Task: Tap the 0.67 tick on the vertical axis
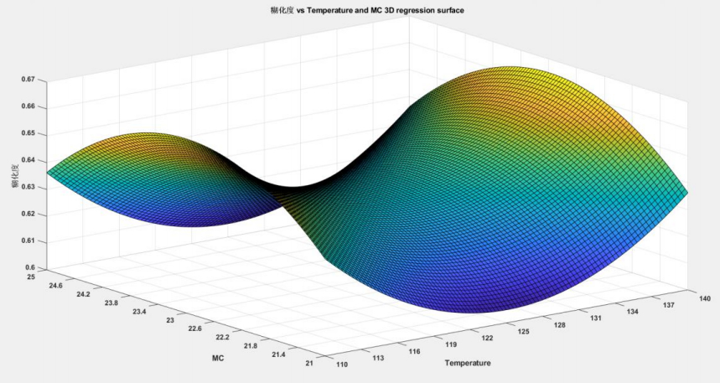(x=28, y=80)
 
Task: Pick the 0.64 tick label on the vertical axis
(x=28, y=160)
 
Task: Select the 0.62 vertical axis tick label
(x=28, y=214)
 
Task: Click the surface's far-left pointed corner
(x=48, y=173)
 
